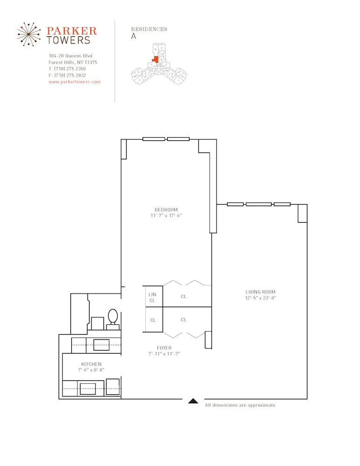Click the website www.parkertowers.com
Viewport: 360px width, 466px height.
75,82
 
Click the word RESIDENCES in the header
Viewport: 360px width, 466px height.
149,29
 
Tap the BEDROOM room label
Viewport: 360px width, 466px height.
166,210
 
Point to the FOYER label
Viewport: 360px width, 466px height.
164,348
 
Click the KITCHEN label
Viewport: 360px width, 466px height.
91,364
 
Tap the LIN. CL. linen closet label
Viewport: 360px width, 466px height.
152,297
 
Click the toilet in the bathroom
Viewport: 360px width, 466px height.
113,317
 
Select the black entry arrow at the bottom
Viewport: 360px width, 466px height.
194,400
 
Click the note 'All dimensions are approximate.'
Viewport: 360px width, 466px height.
241,405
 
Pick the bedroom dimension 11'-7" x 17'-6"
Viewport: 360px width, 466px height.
166,216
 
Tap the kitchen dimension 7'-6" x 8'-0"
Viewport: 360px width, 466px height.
91,370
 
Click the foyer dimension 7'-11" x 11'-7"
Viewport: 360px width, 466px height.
164,354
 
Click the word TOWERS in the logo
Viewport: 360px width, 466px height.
68,40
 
